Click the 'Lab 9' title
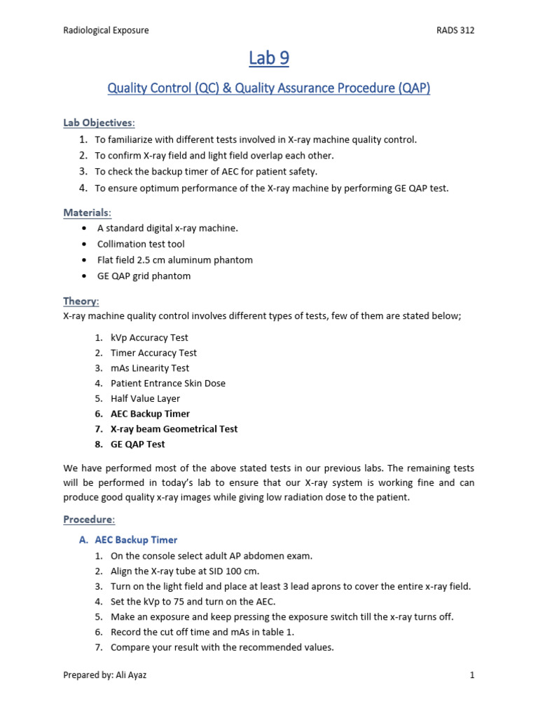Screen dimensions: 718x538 click(268, 59)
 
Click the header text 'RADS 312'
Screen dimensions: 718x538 click(455, 30)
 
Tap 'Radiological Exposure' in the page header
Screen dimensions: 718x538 click(106, 30)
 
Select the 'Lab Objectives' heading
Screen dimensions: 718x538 click(98, 123)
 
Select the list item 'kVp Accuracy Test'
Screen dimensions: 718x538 click(149, 337)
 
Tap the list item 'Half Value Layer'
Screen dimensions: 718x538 click(145, 398)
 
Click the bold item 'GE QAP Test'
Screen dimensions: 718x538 click(138, 444)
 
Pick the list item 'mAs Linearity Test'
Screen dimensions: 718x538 click(150, 368)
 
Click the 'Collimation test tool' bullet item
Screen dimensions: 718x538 click(139, 244)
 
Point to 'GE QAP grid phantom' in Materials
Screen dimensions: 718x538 click(144, 276)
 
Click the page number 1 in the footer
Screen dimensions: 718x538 click(472, 675)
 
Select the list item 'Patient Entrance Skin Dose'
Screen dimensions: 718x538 click(168, 384)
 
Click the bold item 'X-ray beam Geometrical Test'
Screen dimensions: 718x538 click(174, 428)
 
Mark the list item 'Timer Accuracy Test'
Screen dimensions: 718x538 click(153, 353)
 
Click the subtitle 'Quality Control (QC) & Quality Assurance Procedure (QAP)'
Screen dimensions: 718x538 click(268, 88)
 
